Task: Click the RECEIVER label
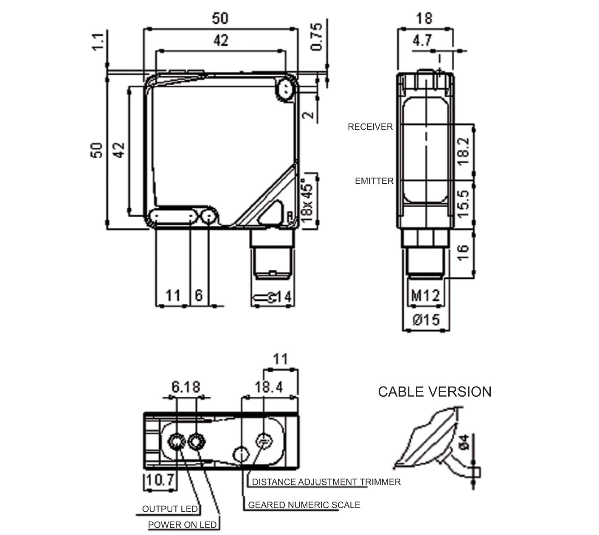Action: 370,127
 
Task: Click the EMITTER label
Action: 374,181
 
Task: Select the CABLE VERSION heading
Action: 434,392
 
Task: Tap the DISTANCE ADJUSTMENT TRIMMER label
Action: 326,482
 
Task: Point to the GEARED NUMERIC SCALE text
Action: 304,505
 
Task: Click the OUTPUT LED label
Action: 170,509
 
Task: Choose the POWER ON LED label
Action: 182,525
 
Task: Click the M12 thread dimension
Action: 425,295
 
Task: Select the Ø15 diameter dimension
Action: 426,319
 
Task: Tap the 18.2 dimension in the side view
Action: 463,151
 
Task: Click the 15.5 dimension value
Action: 463,204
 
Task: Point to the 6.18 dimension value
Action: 186,387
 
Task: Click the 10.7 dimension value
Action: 160,480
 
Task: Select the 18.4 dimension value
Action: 268,387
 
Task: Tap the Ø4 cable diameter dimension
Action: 464,442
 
